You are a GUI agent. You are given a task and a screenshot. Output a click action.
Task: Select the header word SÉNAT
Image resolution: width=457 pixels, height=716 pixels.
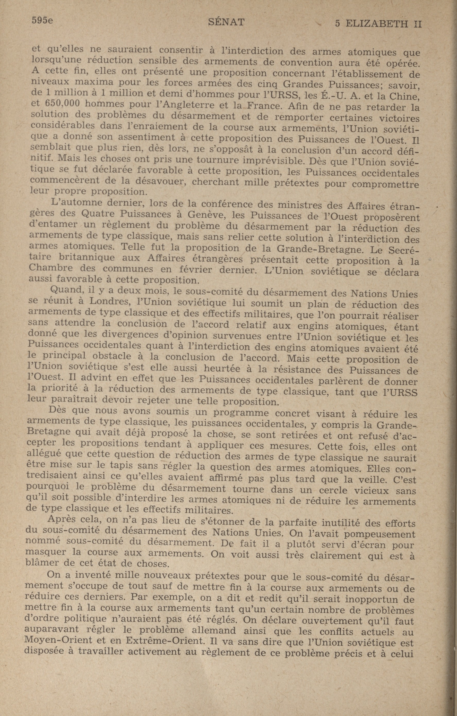[226, 22]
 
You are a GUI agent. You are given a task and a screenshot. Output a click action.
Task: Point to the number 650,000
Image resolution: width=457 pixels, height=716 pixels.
[63, 104]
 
